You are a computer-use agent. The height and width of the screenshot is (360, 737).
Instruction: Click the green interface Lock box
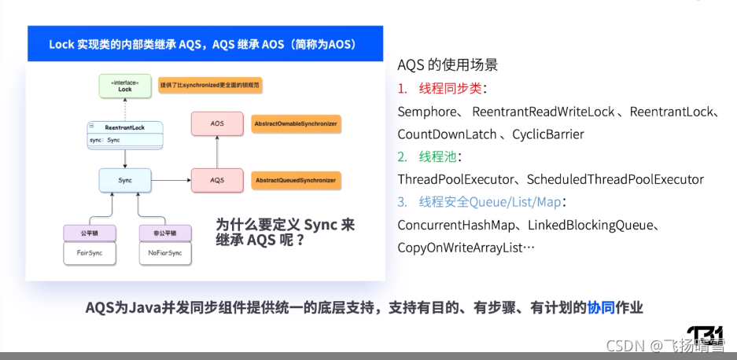coord(125,86)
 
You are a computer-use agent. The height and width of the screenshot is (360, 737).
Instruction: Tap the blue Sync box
coord(125,181)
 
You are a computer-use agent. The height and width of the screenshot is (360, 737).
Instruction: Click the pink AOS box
coord(216,124)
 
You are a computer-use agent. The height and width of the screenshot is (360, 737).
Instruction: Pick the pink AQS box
coord(216,181)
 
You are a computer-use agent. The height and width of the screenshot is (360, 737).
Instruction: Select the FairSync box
coord(89,253)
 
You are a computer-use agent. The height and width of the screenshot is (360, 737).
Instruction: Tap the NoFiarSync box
coord(164,253)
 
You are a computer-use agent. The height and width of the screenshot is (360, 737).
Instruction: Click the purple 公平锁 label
coord(89,233)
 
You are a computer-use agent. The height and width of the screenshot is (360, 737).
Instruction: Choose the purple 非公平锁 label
coord(164,233)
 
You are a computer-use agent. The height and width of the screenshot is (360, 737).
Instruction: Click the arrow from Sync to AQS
coord(171,181)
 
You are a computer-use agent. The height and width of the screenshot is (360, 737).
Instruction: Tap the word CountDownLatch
coord(447,134)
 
